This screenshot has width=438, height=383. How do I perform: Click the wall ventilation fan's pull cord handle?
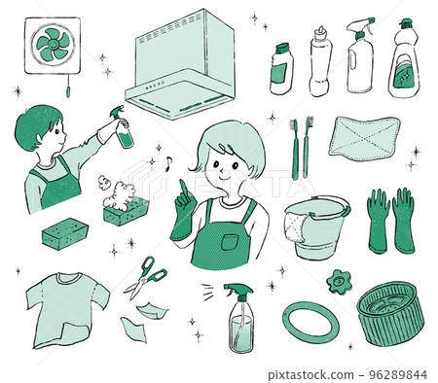(68, 92)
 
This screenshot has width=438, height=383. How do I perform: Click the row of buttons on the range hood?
(155, 86)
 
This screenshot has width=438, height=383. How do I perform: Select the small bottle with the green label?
(281, 69)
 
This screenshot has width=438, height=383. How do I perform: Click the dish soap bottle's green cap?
(406, 23)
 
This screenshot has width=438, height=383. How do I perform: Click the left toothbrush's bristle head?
(294, 124)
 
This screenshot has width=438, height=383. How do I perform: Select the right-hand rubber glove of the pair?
(404, 221)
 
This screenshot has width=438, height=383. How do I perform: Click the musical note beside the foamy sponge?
(168, 163)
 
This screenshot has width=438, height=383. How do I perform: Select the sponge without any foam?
(65, 233)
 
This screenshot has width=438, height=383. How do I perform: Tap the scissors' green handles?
(153, 268)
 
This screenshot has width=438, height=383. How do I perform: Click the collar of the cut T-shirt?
(68, 278)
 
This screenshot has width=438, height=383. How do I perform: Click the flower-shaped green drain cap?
(340, 282)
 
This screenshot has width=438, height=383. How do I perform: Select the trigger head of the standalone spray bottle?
(238, 291)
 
